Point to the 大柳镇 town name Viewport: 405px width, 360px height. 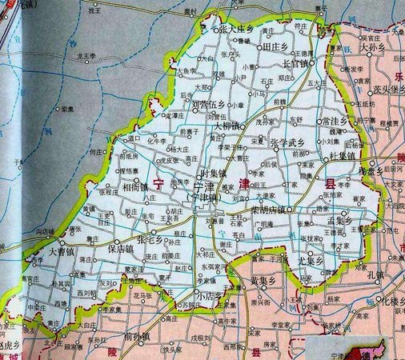click(231, 126)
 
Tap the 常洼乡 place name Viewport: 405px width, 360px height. click(331, 120)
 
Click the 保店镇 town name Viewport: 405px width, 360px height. click(118, 248)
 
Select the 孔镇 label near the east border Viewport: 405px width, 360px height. click(376, 274)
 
